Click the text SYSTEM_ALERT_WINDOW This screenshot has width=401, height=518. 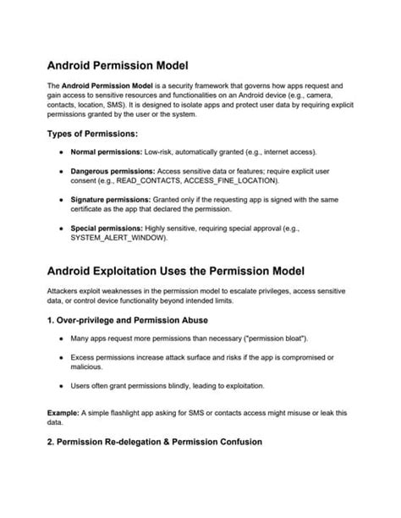118,238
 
